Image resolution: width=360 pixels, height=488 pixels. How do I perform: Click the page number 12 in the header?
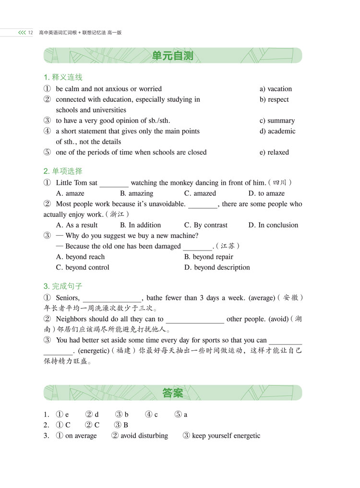[x=30, y=33]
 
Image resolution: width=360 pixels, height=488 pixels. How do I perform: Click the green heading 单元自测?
[x=172, y=56]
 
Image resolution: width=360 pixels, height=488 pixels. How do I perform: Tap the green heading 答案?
[x=172, y=393]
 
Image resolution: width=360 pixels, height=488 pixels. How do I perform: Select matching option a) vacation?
[x=276, y=89]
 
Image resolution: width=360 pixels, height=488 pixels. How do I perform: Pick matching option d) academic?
[x=277, y=131]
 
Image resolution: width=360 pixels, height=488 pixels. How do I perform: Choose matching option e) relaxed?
[x=274, y=152]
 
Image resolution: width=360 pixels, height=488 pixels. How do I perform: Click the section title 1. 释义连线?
[x=63, y=77]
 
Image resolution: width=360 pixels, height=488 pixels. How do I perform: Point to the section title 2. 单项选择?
[x=63, y=171]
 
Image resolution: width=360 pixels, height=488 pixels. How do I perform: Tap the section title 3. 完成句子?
[x=63, y=286]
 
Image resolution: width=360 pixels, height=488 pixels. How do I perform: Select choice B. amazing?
[x=136, y=193]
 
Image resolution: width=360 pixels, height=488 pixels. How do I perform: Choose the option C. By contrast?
[x=206, y=225]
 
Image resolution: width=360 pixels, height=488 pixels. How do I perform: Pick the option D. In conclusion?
[x=273, y=225]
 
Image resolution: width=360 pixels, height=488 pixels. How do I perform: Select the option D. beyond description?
[x=217, y=267]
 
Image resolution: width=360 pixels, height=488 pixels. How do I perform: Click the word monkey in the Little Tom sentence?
[x=183, y=183]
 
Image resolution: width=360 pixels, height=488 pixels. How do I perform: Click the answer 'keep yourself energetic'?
[x=226, y=436]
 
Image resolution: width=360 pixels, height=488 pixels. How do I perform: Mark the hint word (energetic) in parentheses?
[x=94, y=350]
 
